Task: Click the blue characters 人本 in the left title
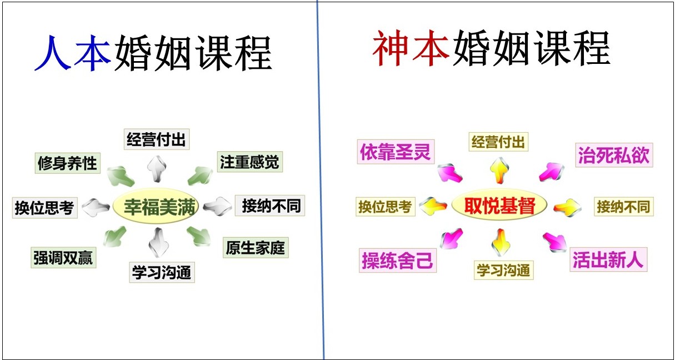(x=73, y=53)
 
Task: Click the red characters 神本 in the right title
(x=411, y=48)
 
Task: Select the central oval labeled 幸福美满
(x=156, y=206)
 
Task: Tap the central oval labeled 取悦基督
(x=499, y=205)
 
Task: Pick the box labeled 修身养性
(x=68, y=163)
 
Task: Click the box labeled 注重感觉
(x=250, y=162)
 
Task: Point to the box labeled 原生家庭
(x=256, y=248)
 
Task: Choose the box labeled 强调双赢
(x=63, y=258)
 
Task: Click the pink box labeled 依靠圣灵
(x=396, y=152)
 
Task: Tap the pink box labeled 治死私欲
(x=614, y=155)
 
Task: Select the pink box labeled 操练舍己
(x=398, y=261)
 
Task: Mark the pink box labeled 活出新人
(x=608, y=259)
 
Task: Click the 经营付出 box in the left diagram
(x=157, y=139)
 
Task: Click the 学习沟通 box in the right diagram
(x=503, y=270)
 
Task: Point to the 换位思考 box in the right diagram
(x=386, y=207)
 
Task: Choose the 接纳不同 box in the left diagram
(x=270, y=206)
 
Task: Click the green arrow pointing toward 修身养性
(x=120, y=176)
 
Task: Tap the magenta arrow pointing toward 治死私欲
(x=552, y=172)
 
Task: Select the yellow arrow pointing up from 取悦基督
(x=500, y=171)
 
